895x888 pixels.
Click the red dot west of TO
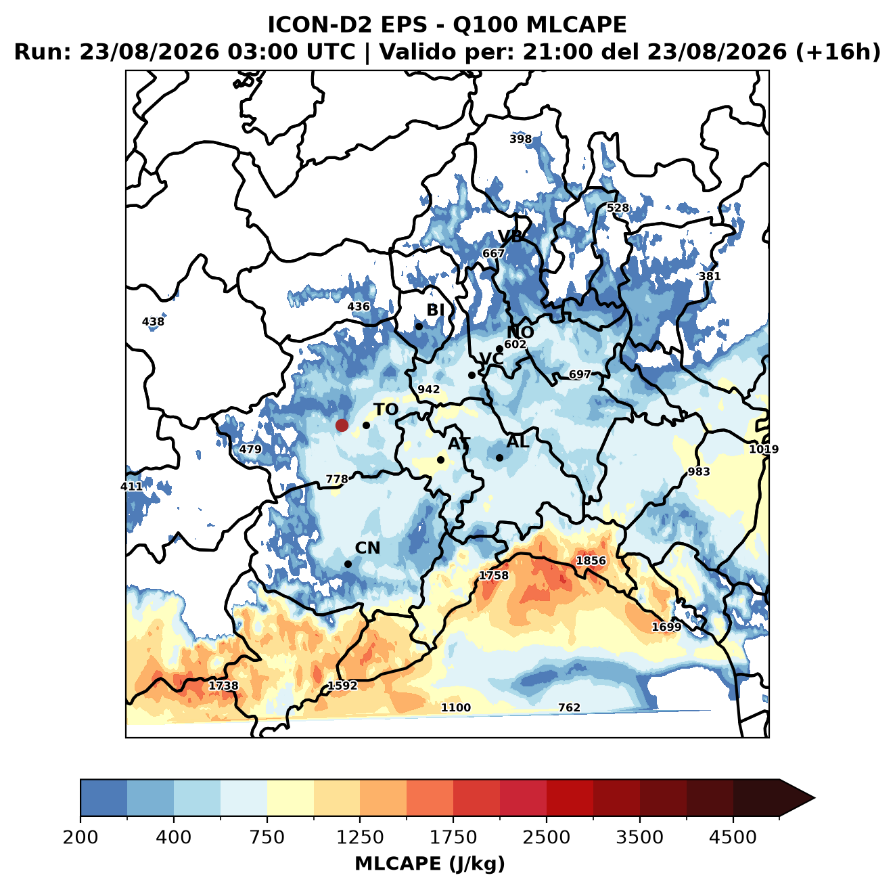(x=342, y=425)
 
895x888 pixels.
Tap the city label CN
(x=367, y=548)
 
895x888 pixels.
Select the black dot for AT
(x=440, y=460)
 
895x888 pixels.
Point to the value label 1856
(x=591, y=561)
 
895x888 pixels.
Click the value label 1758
(x=494, y=575)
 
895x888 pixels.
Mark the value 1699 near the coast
(x=666, y=627)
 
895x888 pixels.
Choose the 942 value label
(x=428, y=389)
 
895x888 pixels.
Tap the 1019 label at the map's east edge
(x=764, y=449)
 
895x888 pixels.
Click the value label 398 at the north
(x=520, y=139)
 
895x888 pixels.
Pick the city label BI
(x=435, y=309)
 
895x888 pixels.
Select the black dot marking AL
(x=499, y=458)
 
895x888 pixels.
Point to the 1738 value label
(x=223, y=686)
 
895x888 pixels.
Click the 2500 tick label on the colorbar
(x=546, y=837)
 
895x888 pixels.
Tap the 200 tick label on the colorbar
(x=81, y=837)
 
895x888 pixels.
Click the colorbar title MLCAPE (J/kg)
(x=430, y=864)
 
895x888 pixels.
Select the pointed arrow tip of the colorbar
(x=814, y=799)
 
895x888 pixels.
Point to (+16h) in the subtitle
(x=838, y=52)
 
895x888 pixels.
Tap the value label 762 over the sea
(x=569, y=707)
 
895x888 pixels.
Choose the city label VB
(x=510, y=236)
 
